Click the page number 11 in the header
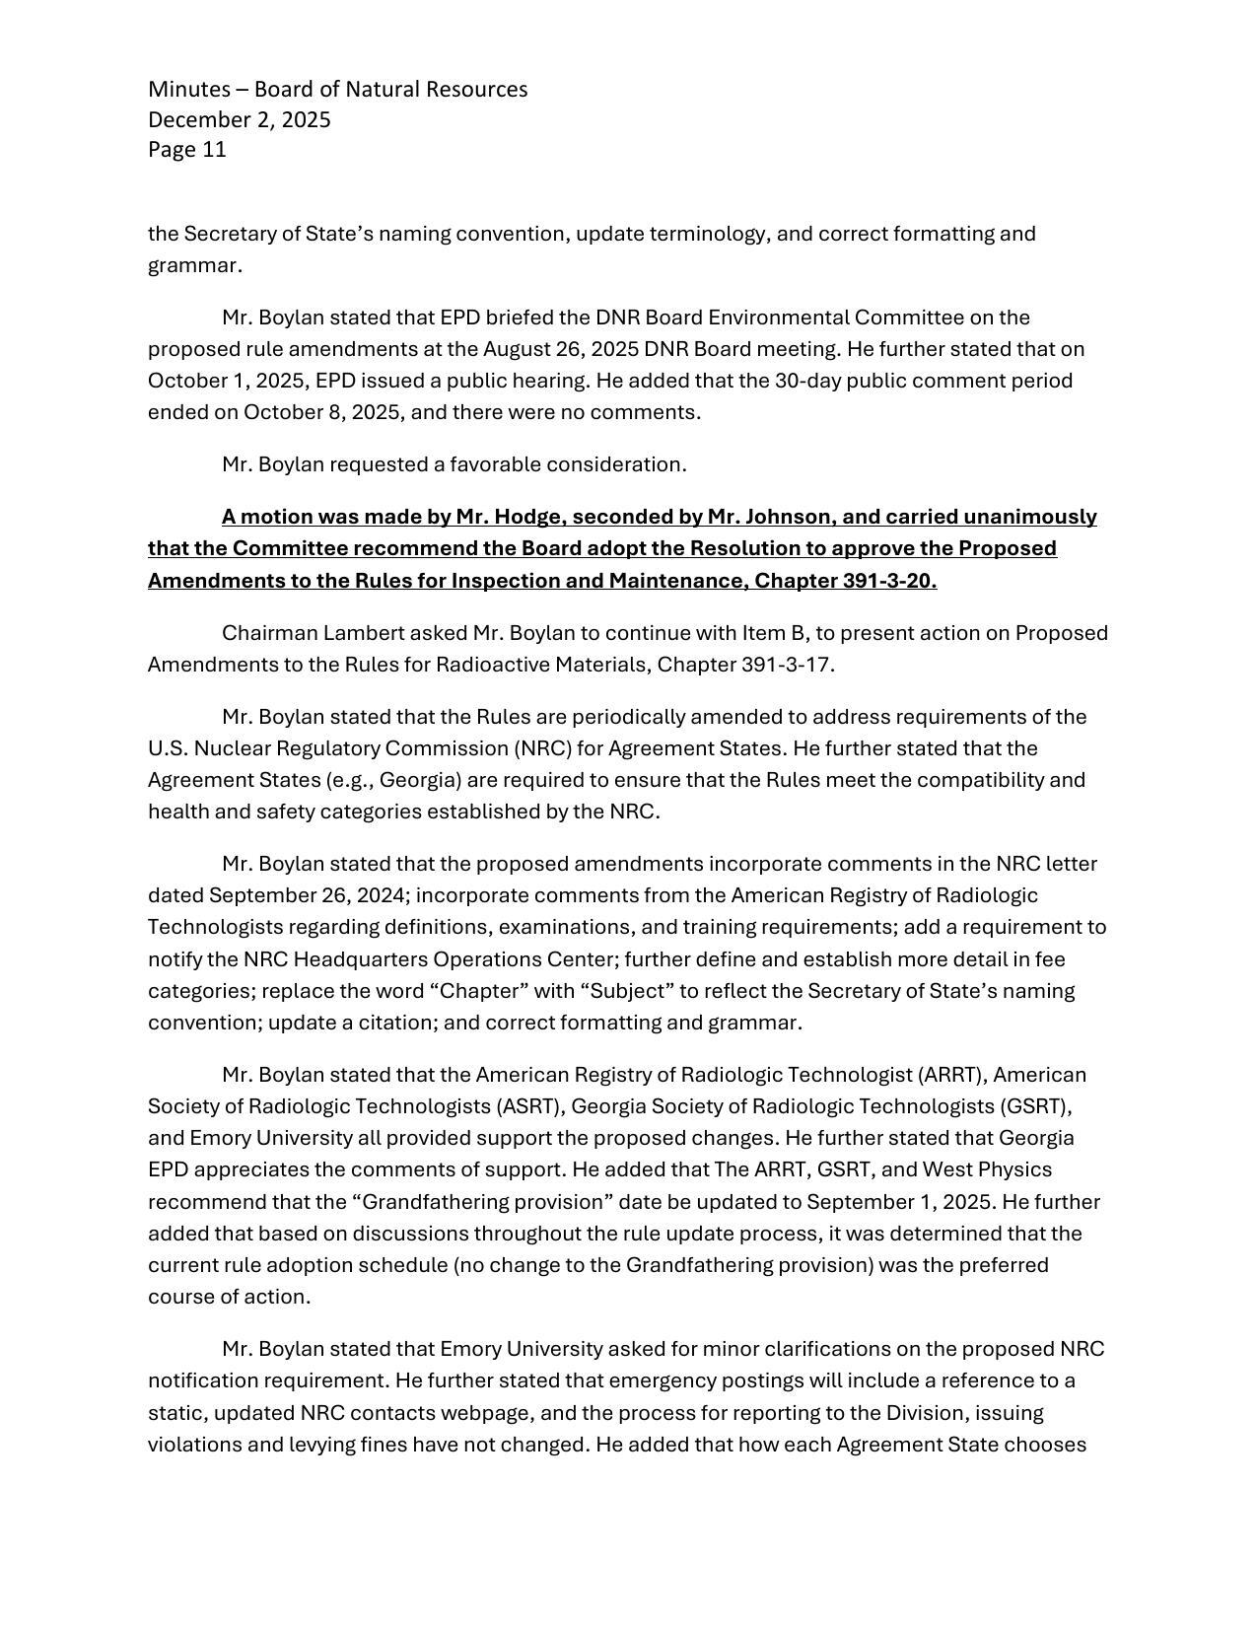(x=215, y=150)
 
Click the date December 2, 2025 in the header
(x=240, y=120)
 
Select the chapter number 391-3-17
(x=787, y=665)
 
